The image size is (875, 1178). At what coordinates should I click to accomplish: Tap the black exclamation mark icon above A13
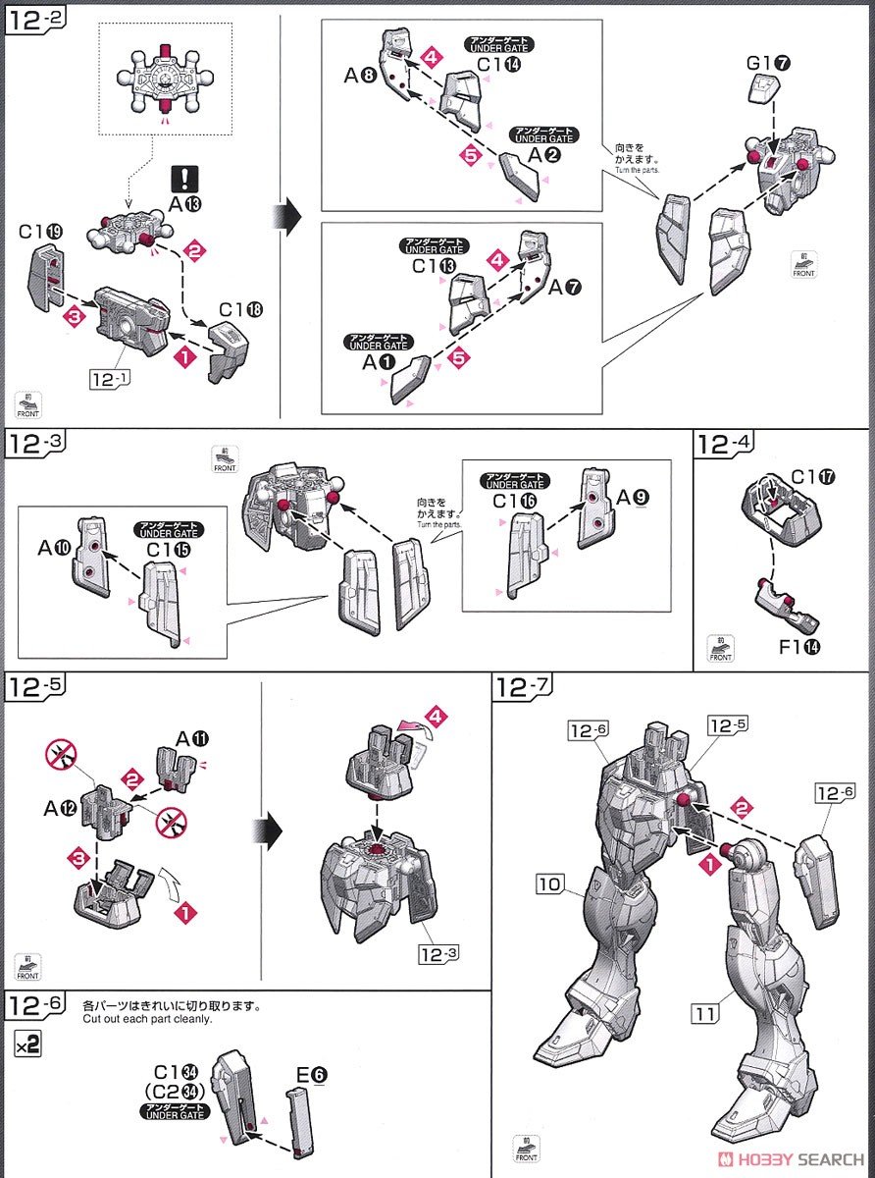coord(185,178)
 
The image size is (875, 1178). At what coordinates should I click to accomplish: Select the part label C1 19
coord(41,232)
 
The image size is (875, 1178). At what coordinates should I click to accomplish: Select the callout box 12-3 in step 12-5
coord(437,951)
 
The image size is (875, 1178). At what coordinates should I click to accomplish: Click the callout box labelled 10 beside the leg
coord(549,884)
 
